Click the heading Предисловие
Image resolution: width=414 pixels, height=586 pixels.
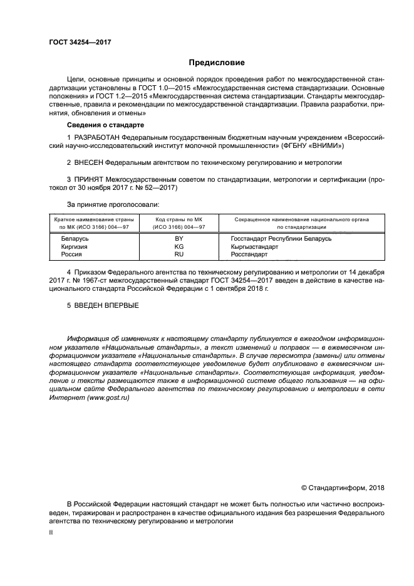(217, 63)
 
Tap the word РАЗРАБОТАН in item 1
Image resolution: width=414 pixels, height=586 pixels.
(96, 136)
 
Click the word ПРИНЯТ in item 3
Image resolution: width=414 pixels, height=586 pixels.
(90, 179)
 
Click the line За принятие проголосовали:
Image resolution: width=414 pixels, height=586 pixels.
(113, 205)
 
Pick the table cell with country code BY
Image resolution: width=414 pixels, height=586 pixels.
(179, 239)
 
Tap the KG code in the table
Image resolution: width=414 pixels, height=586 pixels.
(179, 247)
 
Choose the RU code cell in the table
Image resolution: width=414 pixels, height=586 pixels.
(179, 255)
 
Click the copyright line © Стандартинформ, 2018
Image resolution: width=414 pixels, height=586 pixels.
(343, 488)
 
